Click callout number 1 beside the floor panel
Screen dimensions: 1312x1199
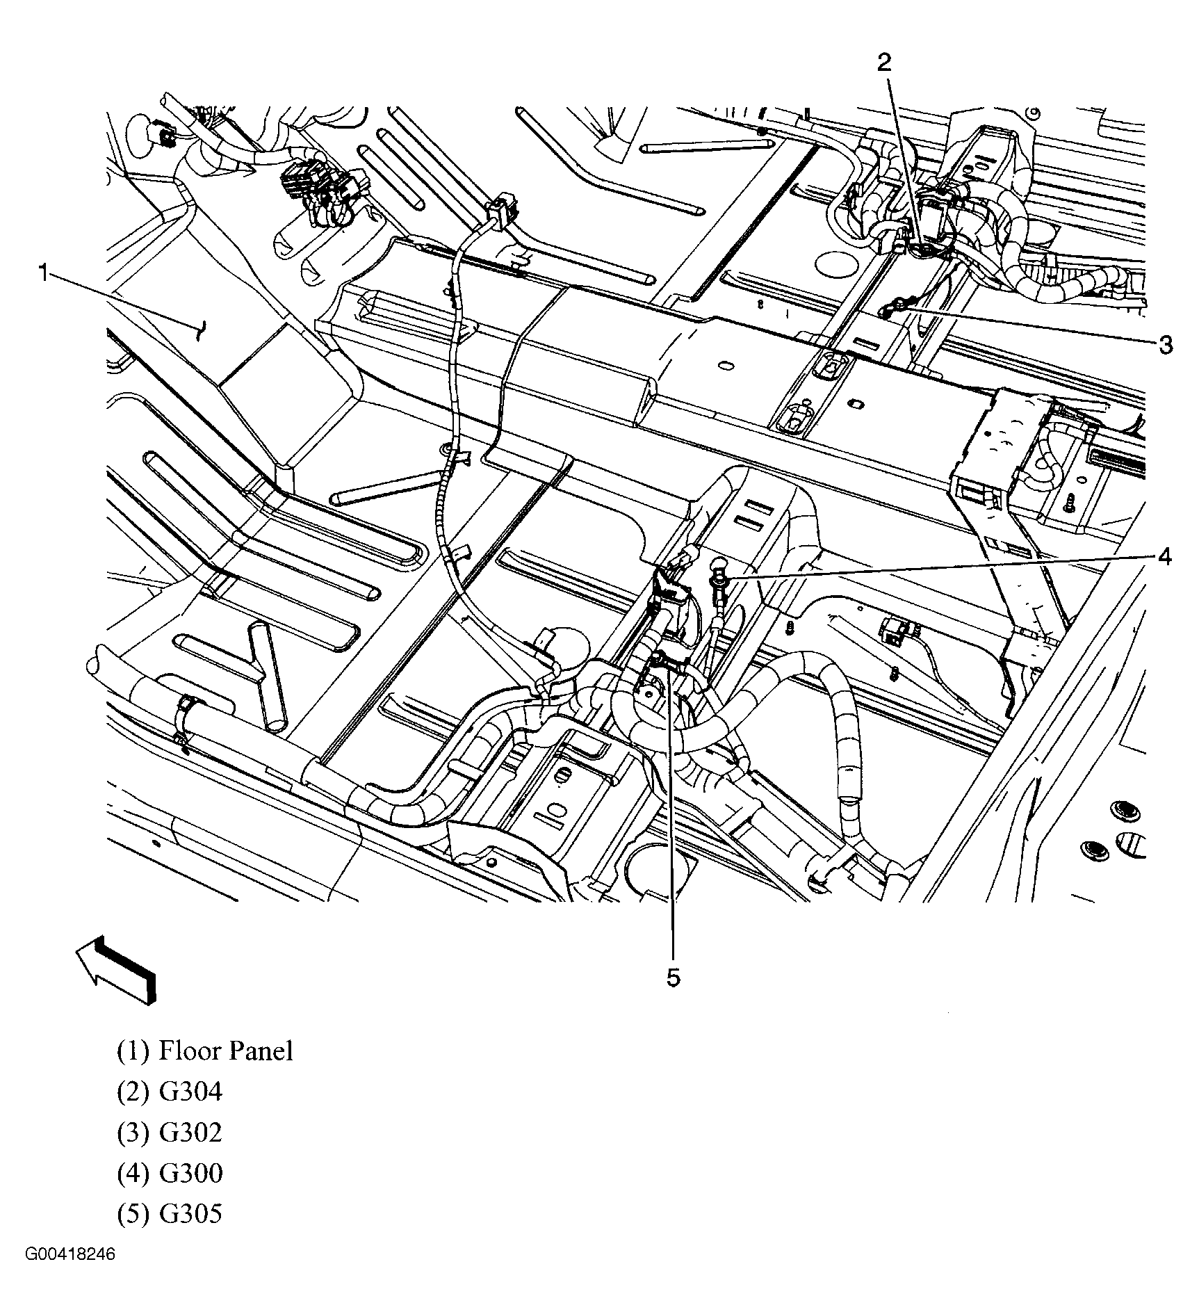click(44, 273)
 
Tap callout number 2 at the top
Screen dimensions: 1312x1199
click(883, 63)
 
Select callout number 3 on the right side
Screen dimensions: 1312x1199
click(1165, 343)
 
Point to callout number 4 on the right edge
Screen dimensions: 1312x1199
click(1164, 556)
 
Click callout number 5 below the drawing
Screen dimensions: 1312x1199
click(673, 978)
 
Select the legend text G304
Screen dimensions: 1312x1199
click(190, 1091)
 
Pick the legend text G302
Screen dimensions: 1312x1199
click(190, 1132)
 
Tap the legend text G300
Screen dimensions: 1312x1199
click(190, 1173)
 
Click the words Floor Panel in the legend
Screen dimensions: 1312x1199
click(226, 1050)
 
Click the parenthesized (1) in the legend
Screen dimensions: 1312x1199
click(133, 1050)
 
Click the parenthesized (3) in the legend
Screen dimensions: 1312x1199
click(133, 1132)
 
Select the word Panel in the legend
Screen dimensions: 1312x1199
click(261, 1050)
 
